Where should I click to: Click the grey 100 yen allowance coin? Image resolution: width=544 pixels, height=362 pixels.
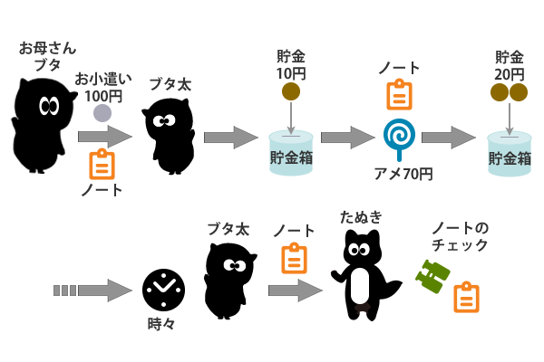102,113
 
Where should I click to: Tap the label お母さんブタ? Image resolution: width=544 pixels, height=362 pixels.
46,55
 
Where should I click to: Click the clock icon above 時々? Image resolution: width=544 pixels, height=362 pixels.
162,290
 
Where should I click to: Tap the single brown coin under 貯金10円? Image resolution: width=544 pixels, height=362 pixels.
291,90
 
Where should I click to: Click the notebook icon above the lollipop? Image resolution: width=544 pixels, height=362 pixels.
399,94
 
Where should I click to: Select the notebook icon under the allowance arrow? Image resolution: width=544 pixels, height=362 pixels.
102,164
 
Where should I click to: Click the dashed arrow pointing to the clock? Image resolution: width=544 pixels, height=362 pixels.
93,291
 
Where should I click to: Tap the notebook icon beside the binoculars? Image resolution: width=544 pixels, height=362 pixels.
466,297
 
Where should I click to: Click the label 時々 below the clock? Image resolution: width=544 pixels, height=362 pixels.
162,322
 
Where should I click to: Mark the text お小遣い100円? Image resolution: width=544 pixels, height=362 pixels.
102,86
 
